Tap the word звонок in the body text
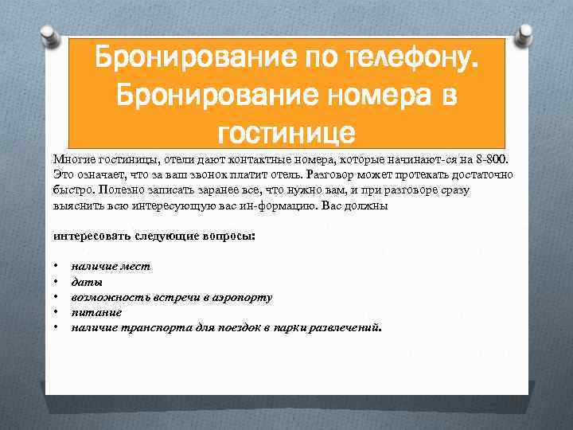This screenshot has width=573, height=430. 229,174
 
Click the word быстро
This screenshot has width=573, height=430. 72,190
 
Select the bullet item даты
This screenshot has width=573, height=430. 87,282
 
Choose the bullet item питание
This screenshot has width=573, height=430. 96,312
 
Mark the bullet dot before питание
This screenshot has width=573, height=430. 56,312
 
